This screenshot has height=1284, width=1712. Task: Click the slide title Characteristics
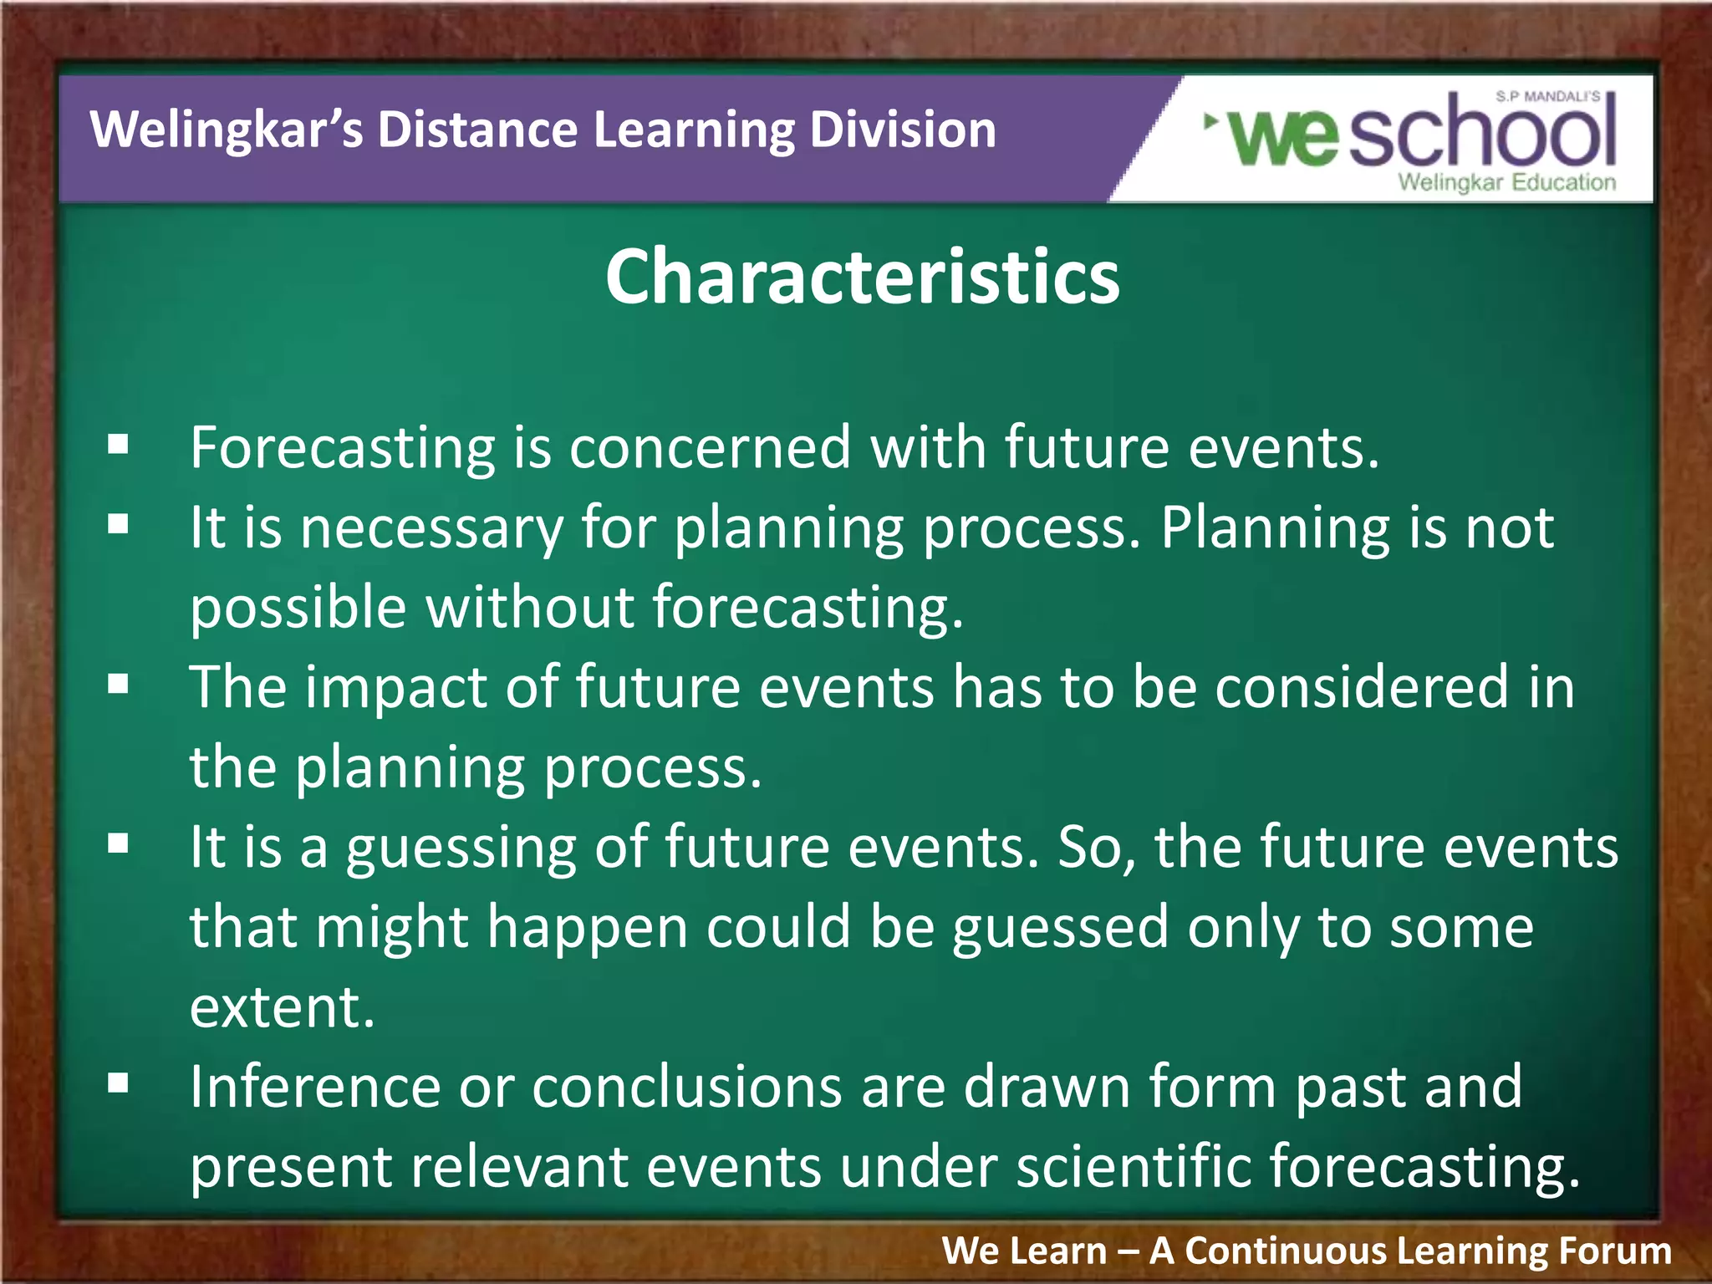862,277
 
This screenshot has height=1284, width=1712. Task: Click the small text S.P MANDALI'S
1547,97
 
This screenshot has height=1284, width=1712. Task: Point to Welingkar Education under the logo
1506,182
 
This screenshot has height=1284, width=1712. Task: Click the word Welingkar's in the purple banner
227,130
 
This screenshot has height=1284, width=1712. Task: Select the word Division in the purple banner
903,130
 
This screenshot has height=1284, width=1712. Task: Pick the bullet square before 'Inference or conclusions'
118,1083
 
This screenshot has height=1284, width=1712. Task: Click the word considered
1361,687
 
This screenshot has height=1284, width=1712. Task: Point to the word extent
281,1006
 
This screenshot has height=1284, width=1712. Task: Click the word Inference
314,1087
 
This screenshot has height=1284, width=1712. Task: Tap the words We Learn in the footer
1024,1251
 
